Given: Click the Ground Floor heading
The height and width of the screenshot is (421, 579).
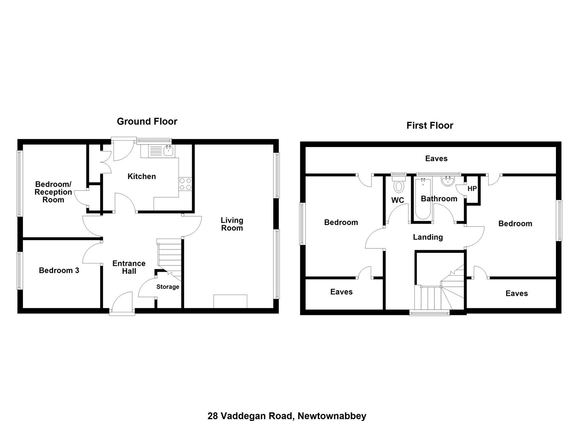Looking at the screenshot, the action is point(147,122).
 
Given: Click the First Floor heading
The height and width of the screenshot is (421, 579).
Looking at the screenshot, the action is point(430,126).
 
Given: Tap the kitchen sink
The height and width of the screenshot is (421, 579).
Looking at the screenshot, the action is point(168,150).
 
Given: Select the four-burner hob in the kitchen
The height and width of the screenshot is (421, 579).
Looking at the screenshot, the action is point(185,184).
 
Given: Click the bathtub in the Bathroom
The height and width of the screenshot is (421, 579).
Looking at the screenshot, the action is point(423,198).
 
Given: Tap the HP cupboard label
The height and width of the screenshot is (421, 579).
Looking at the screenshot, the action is point(472,189).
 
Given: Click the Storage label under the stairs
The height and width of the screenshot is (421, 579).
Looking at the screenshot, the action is point(168,287).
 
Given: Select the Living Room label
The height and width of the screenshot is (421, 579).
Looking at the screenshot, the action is point(232,224).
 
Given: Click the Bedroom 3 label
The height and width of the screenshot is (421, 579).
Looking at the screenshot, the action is point(59,270).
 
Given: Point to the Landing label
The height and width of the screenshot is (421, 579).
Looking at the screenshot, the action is point(428,237).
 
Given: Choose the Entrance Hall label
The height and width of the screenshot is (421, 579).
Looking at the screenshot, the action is point(129,267).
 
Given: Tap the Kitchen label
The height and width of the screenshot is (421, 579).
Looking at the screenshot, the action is point(142,177).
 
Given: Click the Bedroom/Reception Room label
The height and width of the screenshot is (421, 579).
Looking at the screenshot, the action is point(53,192).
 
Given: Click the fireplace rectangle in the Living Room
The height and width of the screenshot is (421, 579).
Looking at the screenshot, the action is point(230,301).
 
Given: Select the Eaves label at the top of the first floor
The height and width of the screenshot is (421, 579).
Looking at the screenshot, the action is point(436,158).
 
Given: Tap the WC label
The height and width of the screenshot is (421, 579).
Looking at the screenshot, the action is point(398,200).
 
